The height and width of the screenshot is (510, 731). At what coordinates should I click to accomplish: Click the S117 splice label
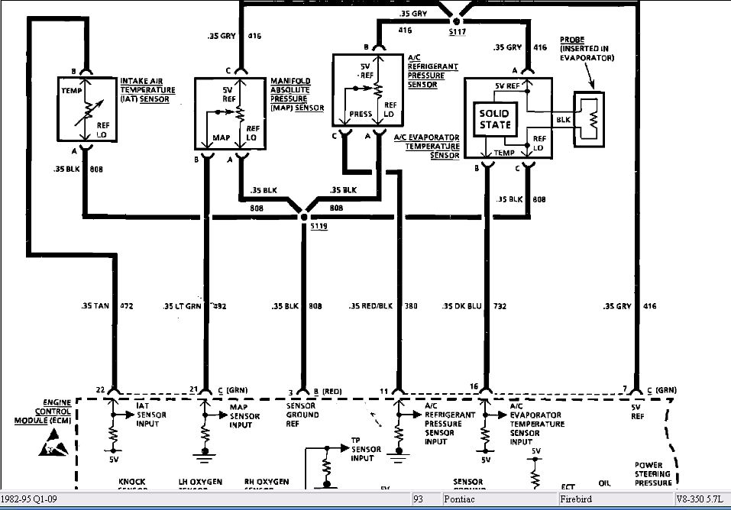(457, 31)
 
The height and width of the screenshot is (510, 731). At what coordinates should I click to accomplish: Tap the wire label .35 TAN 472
(107, 306)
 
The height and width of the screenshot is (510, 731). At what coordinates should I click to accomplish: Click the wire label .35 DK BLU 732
(474, 306)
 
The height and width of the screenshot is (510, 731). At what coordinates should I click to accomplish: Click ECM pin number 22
(101, 389)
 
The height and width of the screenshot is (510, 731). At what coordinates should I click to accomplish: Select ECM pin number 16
(475, 387)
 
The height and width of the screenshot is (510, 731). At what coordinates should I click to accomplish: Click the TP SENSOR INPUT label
(362, 450)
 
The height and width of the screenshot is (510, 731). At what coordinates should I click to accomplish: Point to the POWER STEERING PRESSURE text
(653, 473)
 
